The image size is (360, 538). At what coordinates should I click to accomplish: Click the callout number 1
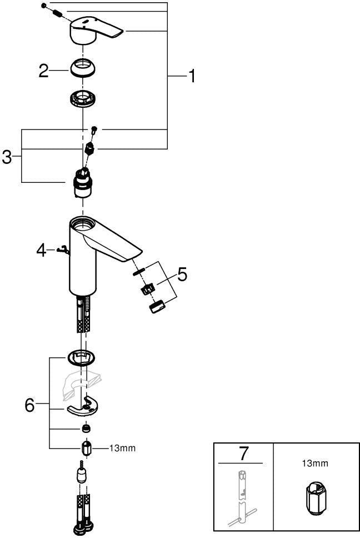tap(192, 76)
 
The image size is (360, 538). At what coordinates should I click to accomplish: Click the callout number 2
tap(43, 71)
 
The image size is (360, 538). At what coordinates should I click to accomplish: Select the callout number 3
tap(7, 158)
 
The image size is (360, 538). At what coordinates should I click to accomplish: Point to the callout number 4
tap(41, 251)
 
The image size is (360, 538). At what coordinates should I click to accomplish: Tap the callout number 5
tap(182, 275)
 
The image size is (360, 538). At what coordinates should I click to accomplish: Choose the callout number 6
tap(30, 405)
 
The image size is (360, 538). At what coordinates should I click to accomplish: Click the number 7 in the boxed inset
tap(243, 454)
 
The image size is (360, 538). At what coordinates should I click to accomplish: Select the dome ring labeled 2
tap(83, 68)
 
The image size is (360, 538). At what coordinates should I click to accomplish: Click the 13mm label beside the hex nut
tap(122, 448)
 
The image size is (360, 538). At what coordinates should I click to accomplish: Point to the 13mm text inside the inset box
tap(315, 464)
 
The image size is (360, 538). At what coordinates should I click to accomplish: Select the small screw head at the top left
tap(43, 6)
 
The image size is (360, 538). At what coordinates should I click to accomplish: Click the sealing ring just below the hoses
tap(82, 357)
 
